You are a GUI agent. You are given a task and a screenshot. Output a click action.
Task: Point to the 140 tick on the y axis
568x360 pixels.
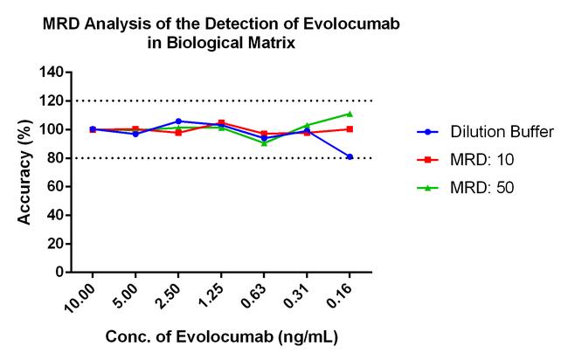tap(52, 73)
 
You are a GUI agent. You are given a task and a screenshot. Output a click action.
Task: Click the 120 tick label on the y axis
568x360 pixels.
tap(52, 101)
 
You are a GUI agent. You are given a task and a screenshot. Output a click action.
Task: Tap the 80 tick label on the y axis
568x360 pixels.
tap(55, 158)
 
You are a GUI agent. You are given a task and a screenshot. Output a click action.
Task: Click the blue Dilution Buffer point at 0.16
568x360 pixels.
tap(350, 156)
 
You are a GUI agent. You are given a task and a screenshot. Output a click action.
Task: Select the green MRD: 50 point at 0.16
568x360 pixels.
tap(350, 114)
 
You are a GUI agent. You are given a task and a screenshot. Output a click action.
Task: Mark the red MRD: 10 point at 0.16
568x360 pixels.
tap(350, 129)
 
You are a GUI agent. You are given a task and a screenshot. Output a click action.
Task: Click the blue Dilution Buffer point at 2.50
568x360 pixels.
tap(178, 121)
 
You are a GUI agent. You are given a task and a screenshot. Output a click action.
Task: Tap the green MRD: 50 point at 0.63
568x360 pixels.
tap(264, 142)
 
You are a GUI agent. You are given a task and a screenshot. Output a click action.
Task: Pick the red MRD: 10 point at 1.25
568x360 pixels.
tap(221, 123)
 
